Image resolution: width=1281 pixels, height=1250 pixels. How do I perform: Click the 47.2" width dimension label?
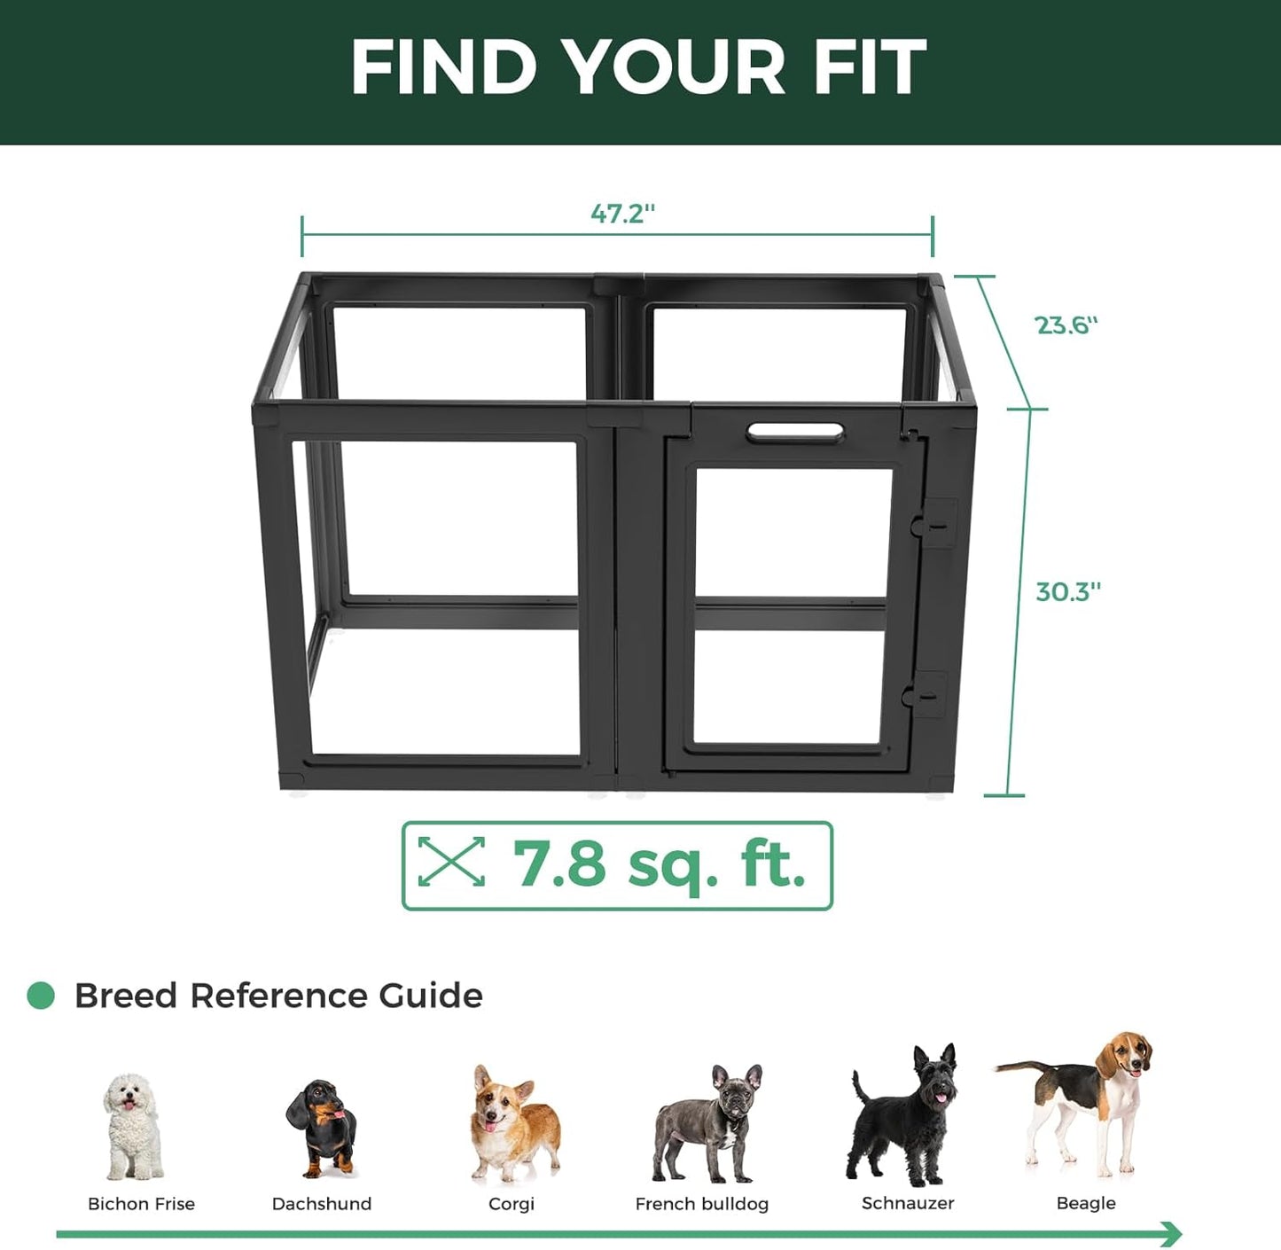(622, 214)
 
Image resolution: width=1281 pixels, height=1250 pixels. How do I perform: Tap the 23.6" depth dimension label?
(1066, 325)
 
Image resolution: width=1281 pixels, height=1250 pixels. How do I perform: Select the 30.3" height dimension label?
(1068, 591)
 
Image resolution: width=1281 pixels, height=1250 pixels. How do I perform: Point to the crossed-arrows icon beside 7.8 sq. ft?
(451, 862)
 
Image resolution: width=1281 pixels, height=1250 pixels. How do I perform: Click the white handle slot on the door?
(795, 433)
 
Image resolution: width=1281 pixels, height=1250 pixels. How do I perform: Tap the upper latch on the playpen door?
(931, 524)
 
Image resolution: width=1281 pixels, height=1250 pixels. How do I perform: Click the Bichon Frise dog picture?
(133, 1126)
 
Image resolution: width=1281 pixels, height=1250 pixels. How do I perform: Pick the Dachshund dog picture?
(322, 1128)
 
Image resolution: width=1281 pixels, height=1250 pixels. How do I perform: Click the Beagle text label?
(1086, 1203)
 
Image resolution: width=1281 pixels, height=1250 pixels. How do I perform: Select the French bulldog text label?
(701, 1204)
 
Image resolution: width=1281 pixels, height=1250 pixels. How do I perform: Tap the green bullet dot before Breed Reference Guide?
(41, 996)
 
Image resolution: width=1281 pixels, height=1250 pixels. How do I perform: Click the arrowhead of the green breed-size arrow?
(1172, 1233)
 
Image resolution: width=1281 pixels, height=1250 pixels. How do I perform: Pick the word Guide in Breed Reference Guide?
(431, 996)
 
